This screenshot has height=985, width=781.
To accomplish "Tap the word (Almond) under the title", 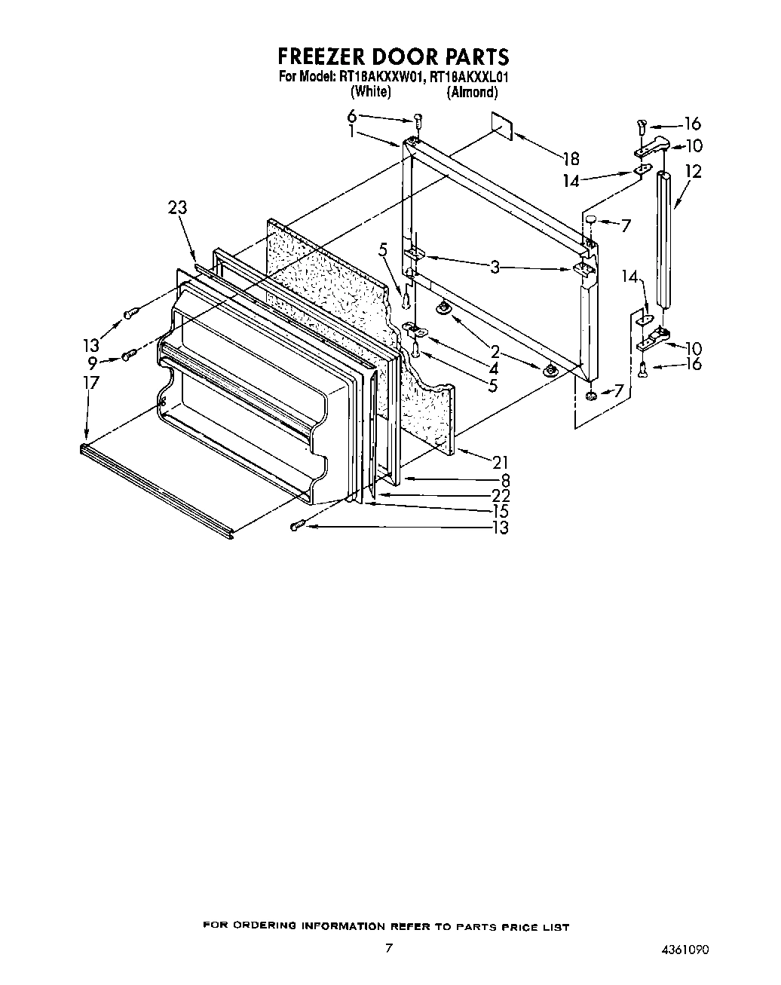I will click(472, 92).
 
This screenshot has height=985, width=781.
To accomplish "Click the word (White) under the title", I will click(370, 92).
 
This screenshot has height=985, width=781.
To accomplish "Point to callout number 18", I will click(571, 158).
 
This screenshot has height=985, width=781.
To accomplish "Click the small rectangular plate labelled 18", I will click(501, 126).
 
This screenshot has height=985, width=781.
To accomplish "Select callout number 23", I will click(178, 208).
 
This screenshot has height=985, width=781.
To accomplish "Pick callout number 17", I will click(90, 383).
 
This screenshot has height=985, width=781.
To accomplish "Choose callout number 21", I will click(500, 463).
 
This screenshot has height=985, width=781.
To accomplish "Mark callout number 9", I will click(92, 362).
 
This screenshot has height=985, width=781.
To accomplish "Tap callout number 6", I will click(351, 115).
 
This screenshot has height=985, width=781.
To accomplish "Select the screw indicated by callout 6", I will click(418, 120).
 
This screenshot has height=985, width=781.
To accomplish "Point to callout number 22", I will click(500, 495).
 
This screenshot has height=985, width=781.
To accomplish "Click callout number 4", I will click(494, 369).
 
